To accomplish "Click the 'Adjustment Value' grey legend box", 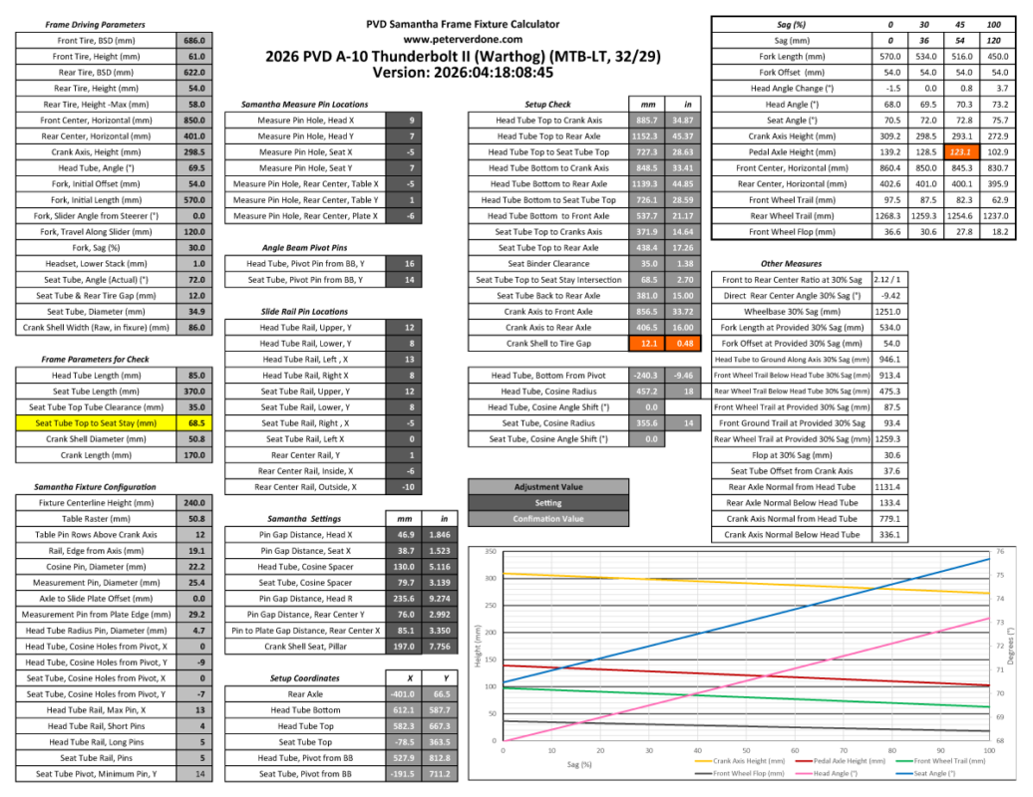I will [548, 487].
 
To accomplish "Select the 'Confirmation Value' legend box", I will [548, 519].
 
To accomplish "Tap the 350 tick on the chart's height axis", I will [490, 551].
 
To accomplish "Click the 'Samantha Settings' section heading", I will [304, 519].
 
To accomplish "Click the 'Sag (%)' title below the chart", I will [580, 764].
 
